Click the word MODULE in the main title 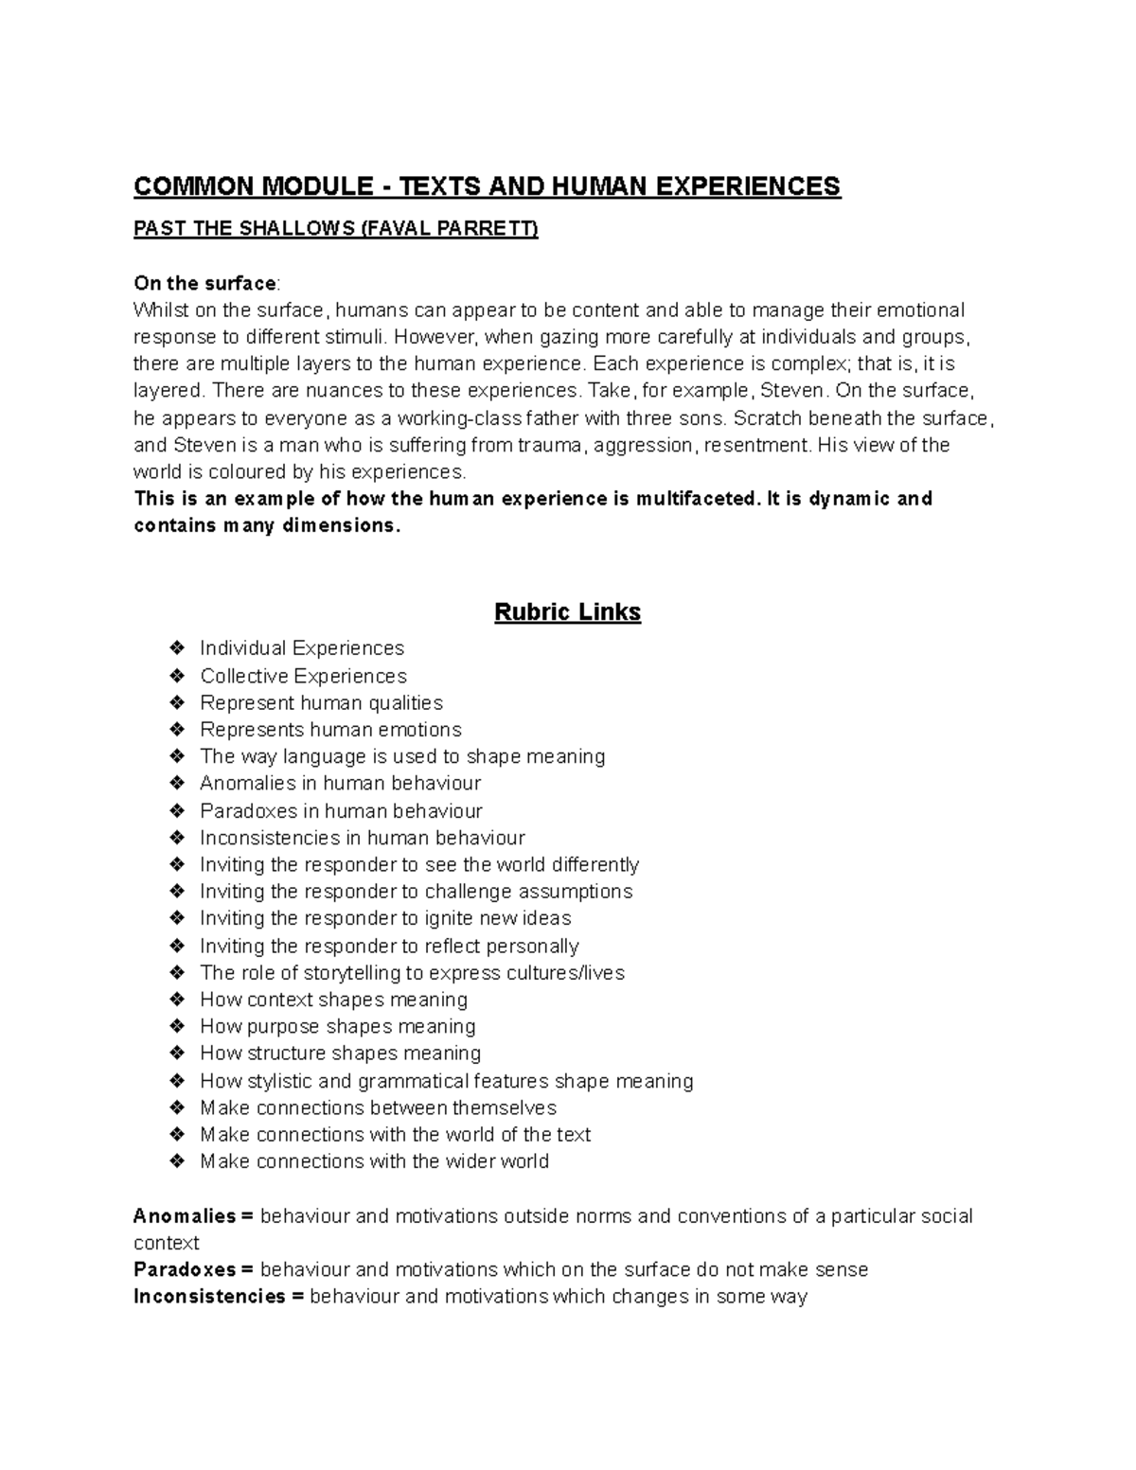click(x=317, y=186)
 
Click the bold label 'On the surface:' click(x=207, y=283)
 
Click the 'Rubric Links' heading click(x=567, y=612)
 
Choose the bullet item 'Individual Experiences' click(x=302, y=648)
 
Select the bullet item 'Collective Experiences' click(x=303, y=676)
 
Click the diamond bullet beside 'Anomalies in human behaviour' click(x=176, y=783)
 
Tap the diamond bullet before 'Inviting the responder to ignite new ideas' click(x=176, y=918)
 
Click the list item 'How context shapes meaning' click(x=333, y=1000)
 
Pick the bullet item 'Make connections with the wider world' click(x=374, y=1161)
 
